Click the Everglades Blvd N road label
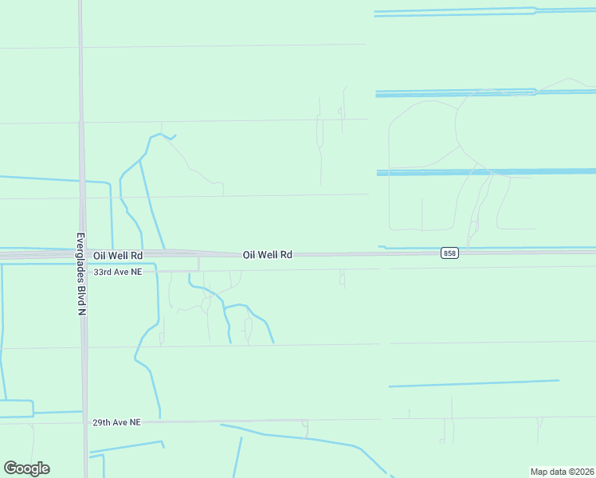coord(81,274)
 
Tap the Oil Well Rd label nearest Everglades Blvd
coord(117,255)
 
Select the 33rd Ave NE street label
coord(117,272)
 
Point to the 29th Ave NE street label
coord(116,422)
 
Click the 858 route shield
coord(449,253)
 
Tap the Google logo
coord(26,468)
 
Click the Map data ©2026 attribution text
coord(562,472)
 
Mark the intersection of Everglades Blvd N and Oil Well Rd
coord(83,255)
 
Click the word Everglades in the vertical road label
coord(81,258)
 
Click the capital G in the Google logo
coord(10,468)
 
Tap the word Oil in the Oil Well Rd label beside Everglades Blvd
coord(99,255)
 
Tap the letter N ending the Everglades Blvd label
coord(81,311)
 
